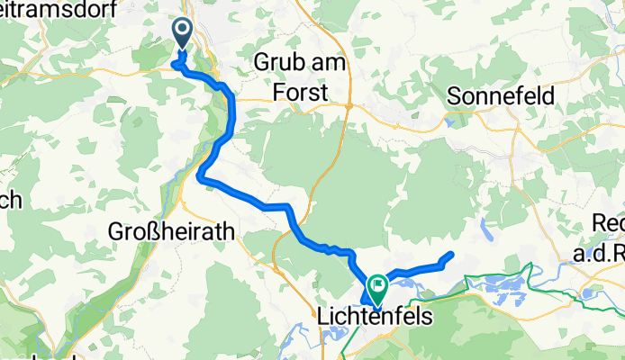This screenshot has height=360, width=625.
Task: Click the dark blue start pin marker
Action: point(181,34)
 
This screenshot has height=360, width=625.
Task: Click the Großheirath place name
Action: point(171,231)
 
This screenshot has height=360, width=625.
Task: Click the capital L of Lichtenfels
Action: point(324,317)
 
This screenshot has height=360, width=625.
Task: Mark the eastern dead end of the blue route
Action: point(448,256)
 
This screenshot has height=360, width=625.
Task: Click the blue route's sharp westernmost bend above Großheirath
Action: point(201,178)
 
